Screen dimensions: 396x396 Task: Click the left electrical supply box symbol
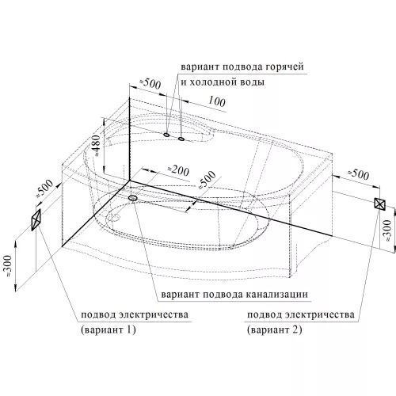36,219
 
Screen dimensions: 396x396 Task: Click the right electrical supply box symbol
379,204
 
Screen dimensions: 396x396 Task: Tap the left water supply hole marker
166,135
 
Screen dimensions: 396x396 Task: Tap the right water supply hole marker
181,139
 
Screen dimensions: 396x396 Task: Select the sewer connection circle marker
132,198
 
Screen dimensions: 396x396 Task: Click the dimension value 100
217,101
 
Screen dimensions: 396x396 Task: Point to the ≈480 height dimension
97,146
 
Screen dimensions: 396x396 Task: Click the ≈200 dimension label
179,170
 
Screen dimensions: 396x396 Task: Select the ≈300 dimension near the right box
387,230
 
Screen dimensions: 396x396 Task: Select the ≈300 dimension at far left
8,265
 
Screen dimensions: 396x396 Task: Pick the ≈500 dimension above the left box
44,188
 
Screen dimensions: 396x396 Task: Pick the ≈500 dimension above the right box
358,174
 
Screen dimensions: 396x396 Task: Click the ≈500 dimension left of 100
150,84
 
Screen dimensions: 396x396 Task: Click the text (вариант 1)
109,329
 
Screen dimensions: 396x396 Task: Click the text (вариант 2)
275,329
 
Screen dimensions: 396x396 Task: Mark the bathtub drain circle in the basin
113,218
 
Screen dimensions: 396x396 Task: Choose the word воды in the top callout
253,82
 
